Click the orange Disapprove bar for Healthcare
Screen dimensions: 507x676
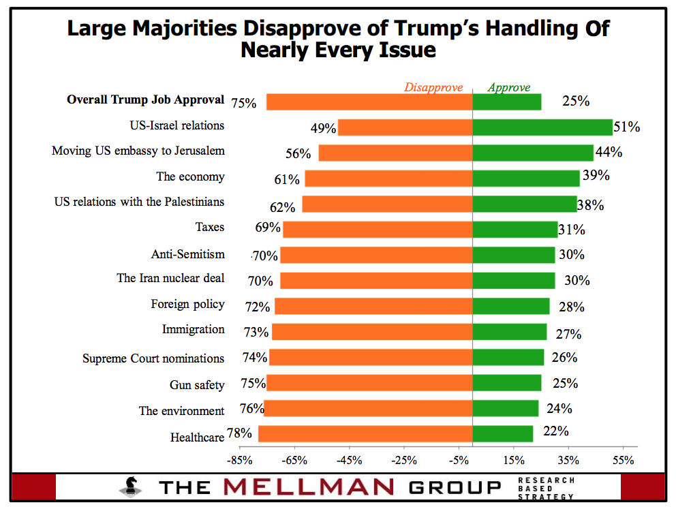click(365, 434)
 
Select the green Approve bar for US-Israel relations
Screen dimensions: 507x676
click(542, 127)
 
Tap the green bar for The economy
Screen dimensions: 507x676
click(526, 179)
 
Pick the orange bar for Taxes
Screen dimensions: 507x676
click(378, 230)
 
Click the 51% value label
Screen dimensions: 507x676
click(627, 127)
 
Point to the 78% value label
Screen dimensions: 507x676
click(241, 433)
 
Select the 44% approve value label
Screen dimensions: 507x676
click(609, 153)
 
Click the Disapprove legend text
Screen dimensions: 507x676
click(433, 87)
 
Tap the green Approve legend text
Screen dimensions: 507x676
click(509, 87)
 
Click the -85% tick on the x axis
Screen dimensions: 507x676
click(239, 460)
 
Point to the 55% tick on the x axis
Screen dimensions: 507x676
click(624, 460)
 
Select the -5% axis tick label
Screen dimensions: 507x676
click(459, 460)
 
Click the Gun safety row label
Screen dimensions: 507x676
click(197, 385)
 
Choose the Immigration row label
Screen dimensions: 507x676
click(193, 330)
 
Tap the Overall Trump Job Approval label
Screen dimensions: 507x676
click(145, 99)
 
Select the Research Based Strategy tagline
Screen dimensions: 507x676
click(546, 488)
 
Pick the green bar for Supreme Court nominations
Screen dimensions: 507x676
click(508, 358)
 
